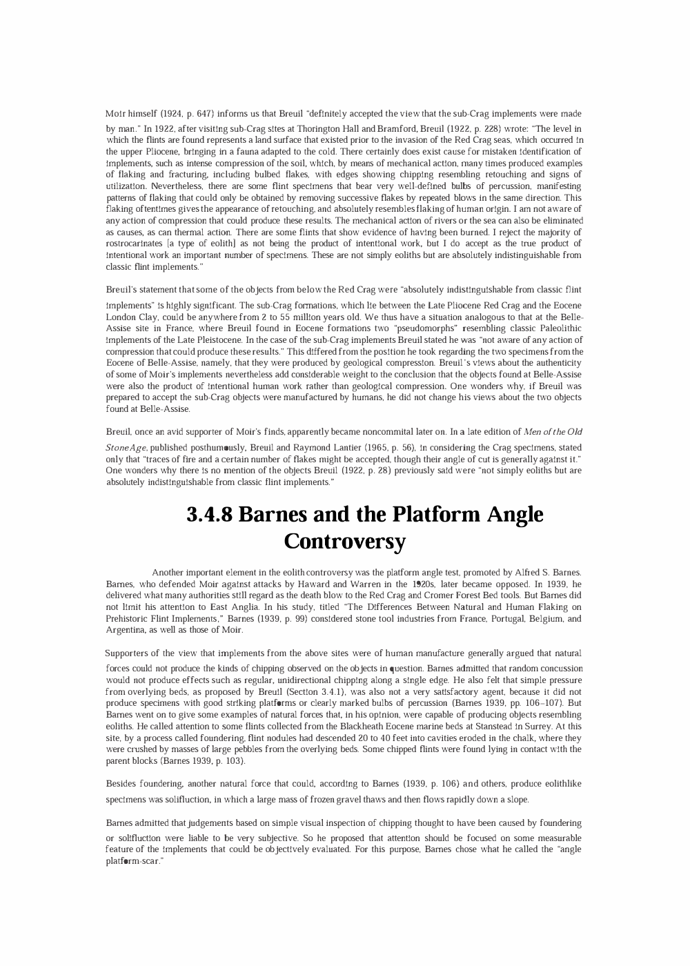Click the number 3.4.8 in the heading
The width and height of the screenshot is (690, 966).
[210, 515]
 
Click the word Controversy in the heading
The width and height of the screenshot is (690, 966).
[344, 541]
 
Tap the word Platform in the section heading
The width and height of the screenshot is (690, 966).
[429, 515]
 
